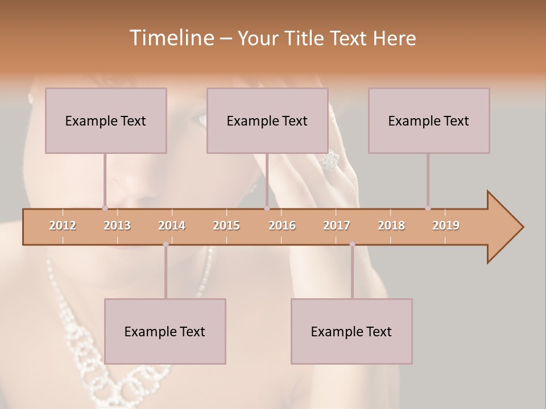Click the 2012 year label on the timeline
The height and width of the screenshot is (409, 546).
point(63,226)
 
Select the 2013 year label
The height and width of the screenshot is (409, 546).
point(117,226)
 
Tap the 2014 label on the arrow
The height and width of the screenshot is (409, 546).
point(172,226)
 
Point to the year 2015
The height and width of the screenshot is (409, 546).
point(226,226)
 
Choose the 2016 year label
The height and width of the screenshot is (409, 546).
point(282,226)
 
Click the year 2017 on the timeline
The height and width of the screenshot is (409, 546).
point(337,226)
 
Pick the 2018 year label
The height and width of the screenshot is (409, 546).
point(391,226)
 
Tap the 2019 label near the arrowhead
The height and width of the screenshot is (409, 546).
point(446,226)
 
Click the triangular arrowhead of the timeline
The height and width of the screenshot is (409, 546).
point(504,227)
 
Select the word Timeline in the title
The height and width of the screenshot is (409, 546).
point(171,38)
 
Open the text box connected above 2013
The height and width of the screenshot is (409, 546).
point(106,120)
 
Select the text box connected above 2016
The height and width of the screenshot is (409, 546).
point(267,120)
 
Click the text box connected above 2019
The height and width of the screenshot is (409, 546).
point(429,120)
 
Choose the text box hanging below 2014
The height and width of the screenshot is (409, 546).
point(165,331)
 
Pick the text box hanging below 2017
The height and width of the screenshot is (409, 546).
point(351,331)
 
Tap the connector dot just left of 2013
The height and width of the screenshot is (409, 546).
point(105,208)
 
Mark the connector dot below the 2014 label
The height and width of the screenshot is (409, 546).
point(166,244)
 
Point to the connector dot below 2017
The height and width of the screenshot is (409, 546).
point(352,244)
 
